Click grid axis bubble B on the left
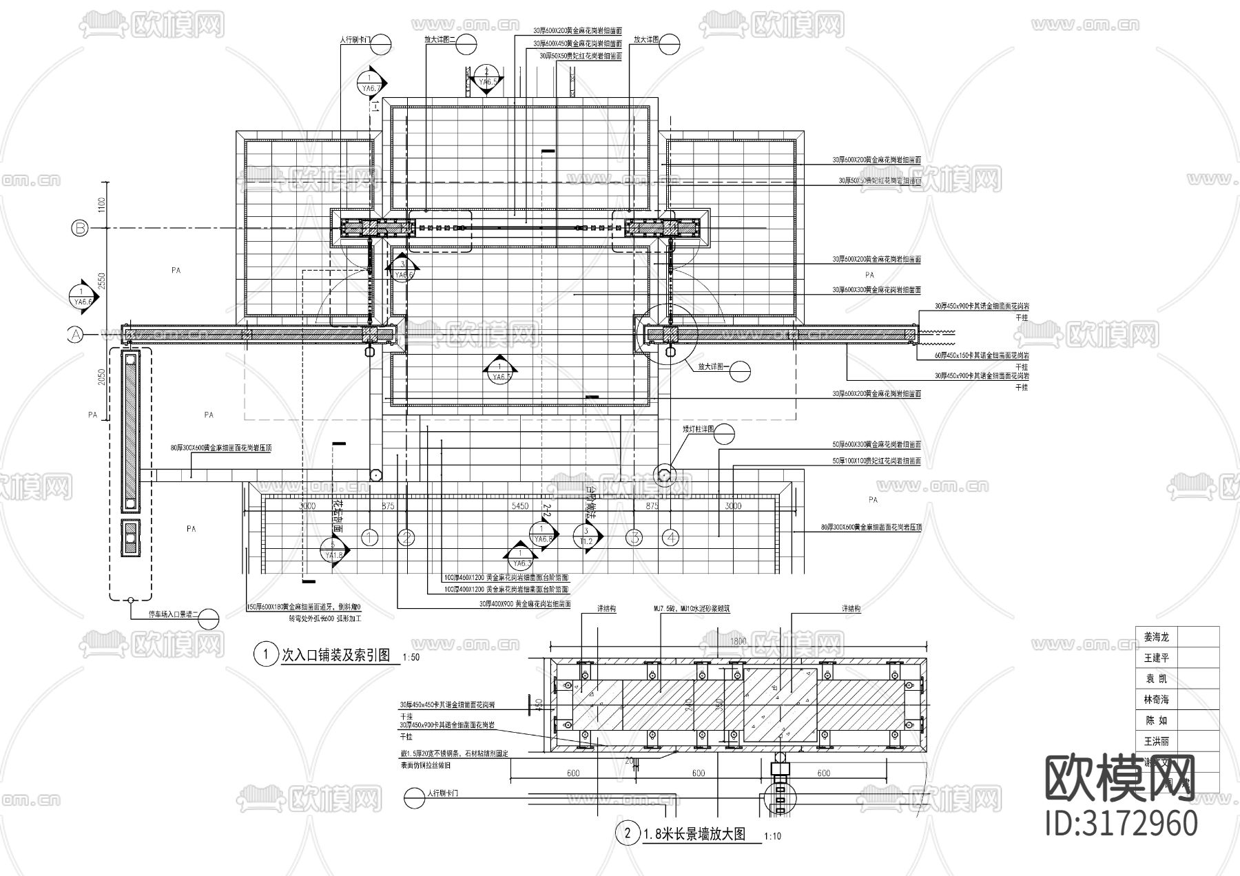pyautogui.click(x=81, y=229)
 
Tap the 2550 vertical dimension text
pyautogui.click(x=101, y=282)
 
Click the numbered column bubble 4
pyautogui.click(x=670, y=538)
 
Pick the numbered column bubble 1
pyautogui.click(x=370, y=538)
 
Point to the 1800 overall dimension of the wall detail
pyautogui.click(x=738, y=641)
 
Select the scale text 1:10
pyautogui.click(x=772, y=837)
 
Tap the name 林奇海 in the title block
pyautogui.click(x=1157, y=700)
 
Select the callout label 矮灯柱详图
pyautogui.click(x=698, y=430)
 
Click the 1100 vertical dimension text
pyautogui.click(x=101, y=205)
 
